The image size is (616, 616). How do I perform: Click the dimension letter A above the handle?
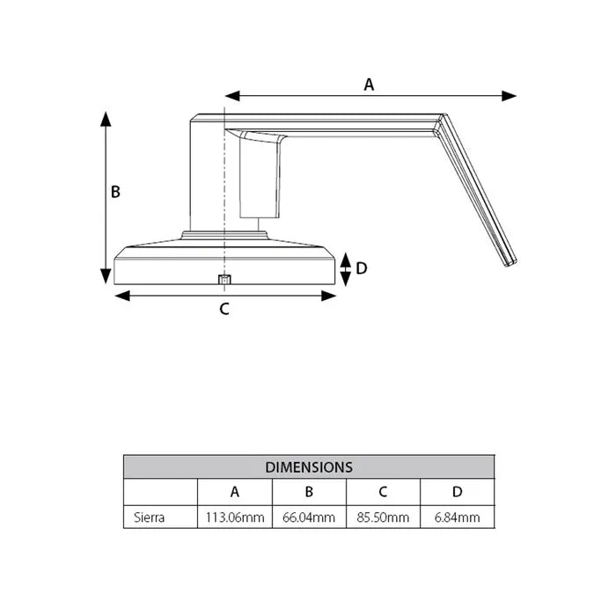point(370,84)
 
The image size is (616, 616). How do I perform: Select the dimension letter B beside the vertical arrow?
point(115,192)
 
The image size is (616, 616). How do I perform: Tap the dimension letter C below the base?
point(224,309)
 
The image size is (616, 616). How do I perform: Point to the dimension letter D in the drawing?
point(361,268)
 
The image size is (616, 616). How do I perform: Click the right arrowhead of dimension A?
point(510,96)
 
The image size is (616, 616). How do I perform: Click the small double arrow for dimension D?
point(346,268)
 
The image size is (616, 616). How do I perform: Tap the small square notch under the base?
point(224,280)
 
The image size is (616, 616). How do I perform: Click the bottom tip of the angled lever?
point(510,262)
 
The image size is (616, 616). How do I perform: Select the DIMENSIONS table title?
point(309,467)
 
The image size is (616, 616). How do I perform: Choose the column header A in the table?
point(235,492)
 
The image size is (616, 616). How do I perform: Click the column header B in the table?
point(309,492)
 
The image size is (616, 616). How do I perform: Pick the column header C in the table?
point(383,492)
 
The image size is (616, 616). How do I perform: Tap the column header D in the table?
point(457,492)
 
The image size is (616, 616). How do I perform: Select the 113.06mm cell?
point(235,517)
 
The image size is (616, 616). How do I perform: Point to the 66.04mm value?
point(309,517)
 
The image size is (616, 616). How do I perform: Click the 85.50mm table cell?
point(383,517)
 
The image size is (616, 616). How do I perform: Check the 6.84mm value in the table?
point(457,517)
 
